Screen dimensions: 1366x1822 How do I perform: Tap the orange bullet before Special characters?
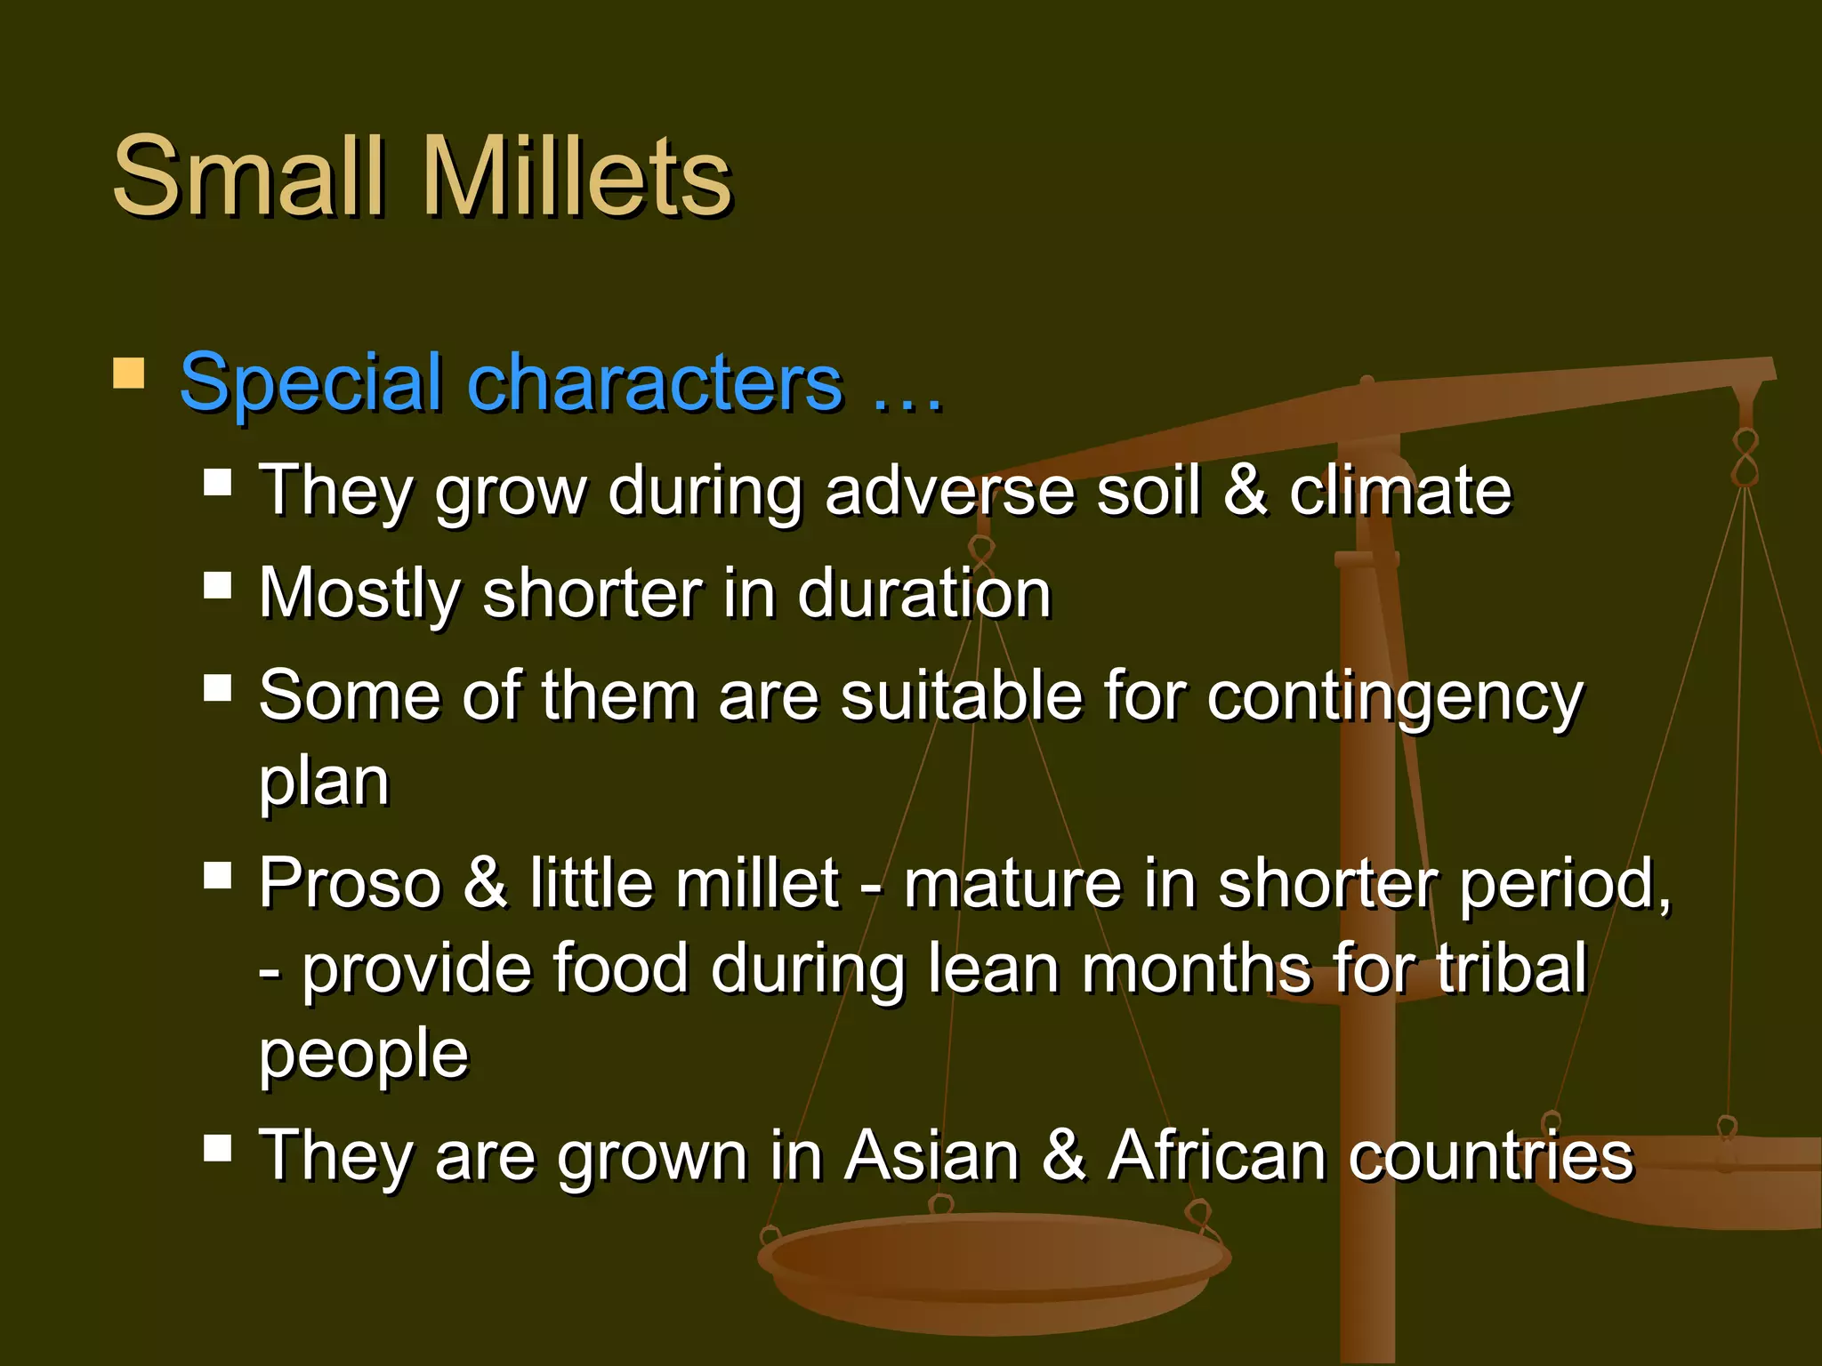pyautogui.click(x=129, y=374)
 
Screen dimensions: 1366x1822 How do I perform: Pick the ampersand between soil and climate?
pyautogui.click(x=1245, y=491)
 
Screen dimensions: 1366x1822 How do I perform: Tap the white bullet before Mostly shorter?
pyautogui.click(x=217, y=586)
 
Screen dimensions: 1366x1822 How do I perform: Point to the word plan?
pyautogui.click(x=324, y=784)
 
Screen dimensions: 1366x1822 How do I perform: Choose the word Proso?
pyautogui.click(x=350, y=884)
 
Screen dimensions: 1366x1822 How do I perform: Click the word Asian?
pyautogui.click(x=931, y=1156)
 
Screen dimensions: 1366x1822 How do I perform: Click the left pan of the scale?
pyautogui.click(x=993, y=1267)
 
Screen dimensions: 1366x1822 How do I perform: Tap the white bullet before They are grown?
pyautogui.click(x=217, y=1148)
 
